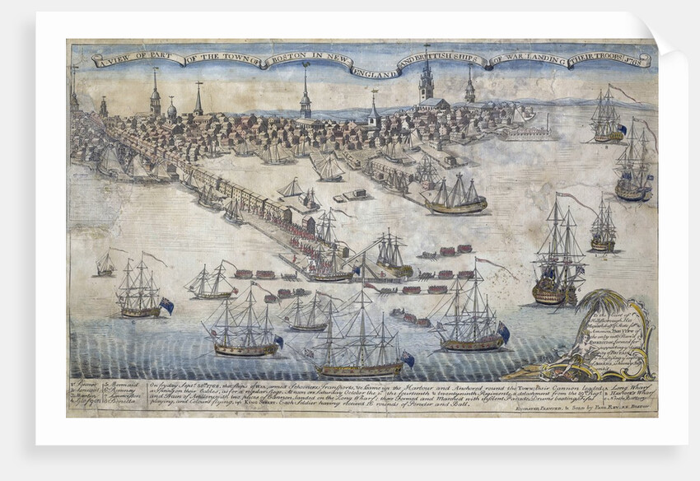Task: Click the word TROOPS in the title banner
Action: [609, 60]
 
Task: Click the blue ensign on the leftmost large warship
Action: [166, 306]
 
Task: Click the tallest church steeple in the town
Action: [426, 78]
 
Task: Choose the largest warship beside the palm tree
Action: [558, 255]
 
